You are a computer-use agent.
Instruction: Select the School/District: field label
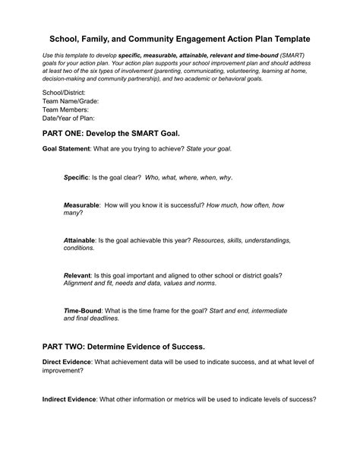click(x=64, y=91)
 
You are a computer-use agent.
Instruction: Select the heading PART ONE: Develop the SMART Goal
click(x=116, y=132)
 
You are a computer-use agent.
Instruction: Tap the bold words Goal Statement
click(x=65, y=148)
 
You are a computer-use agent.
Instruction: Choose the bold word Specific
click(x=76, y=177)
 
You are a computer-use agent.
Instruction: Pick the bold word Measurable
click(x=81, y=205)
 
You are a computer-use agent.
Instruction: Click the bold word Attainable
click(x=79, y=240)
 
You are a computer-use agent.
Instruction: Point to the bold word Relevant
click(x=77, y=274)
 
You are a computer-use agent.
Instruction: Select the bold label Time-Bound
click(x=81, y=310)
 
